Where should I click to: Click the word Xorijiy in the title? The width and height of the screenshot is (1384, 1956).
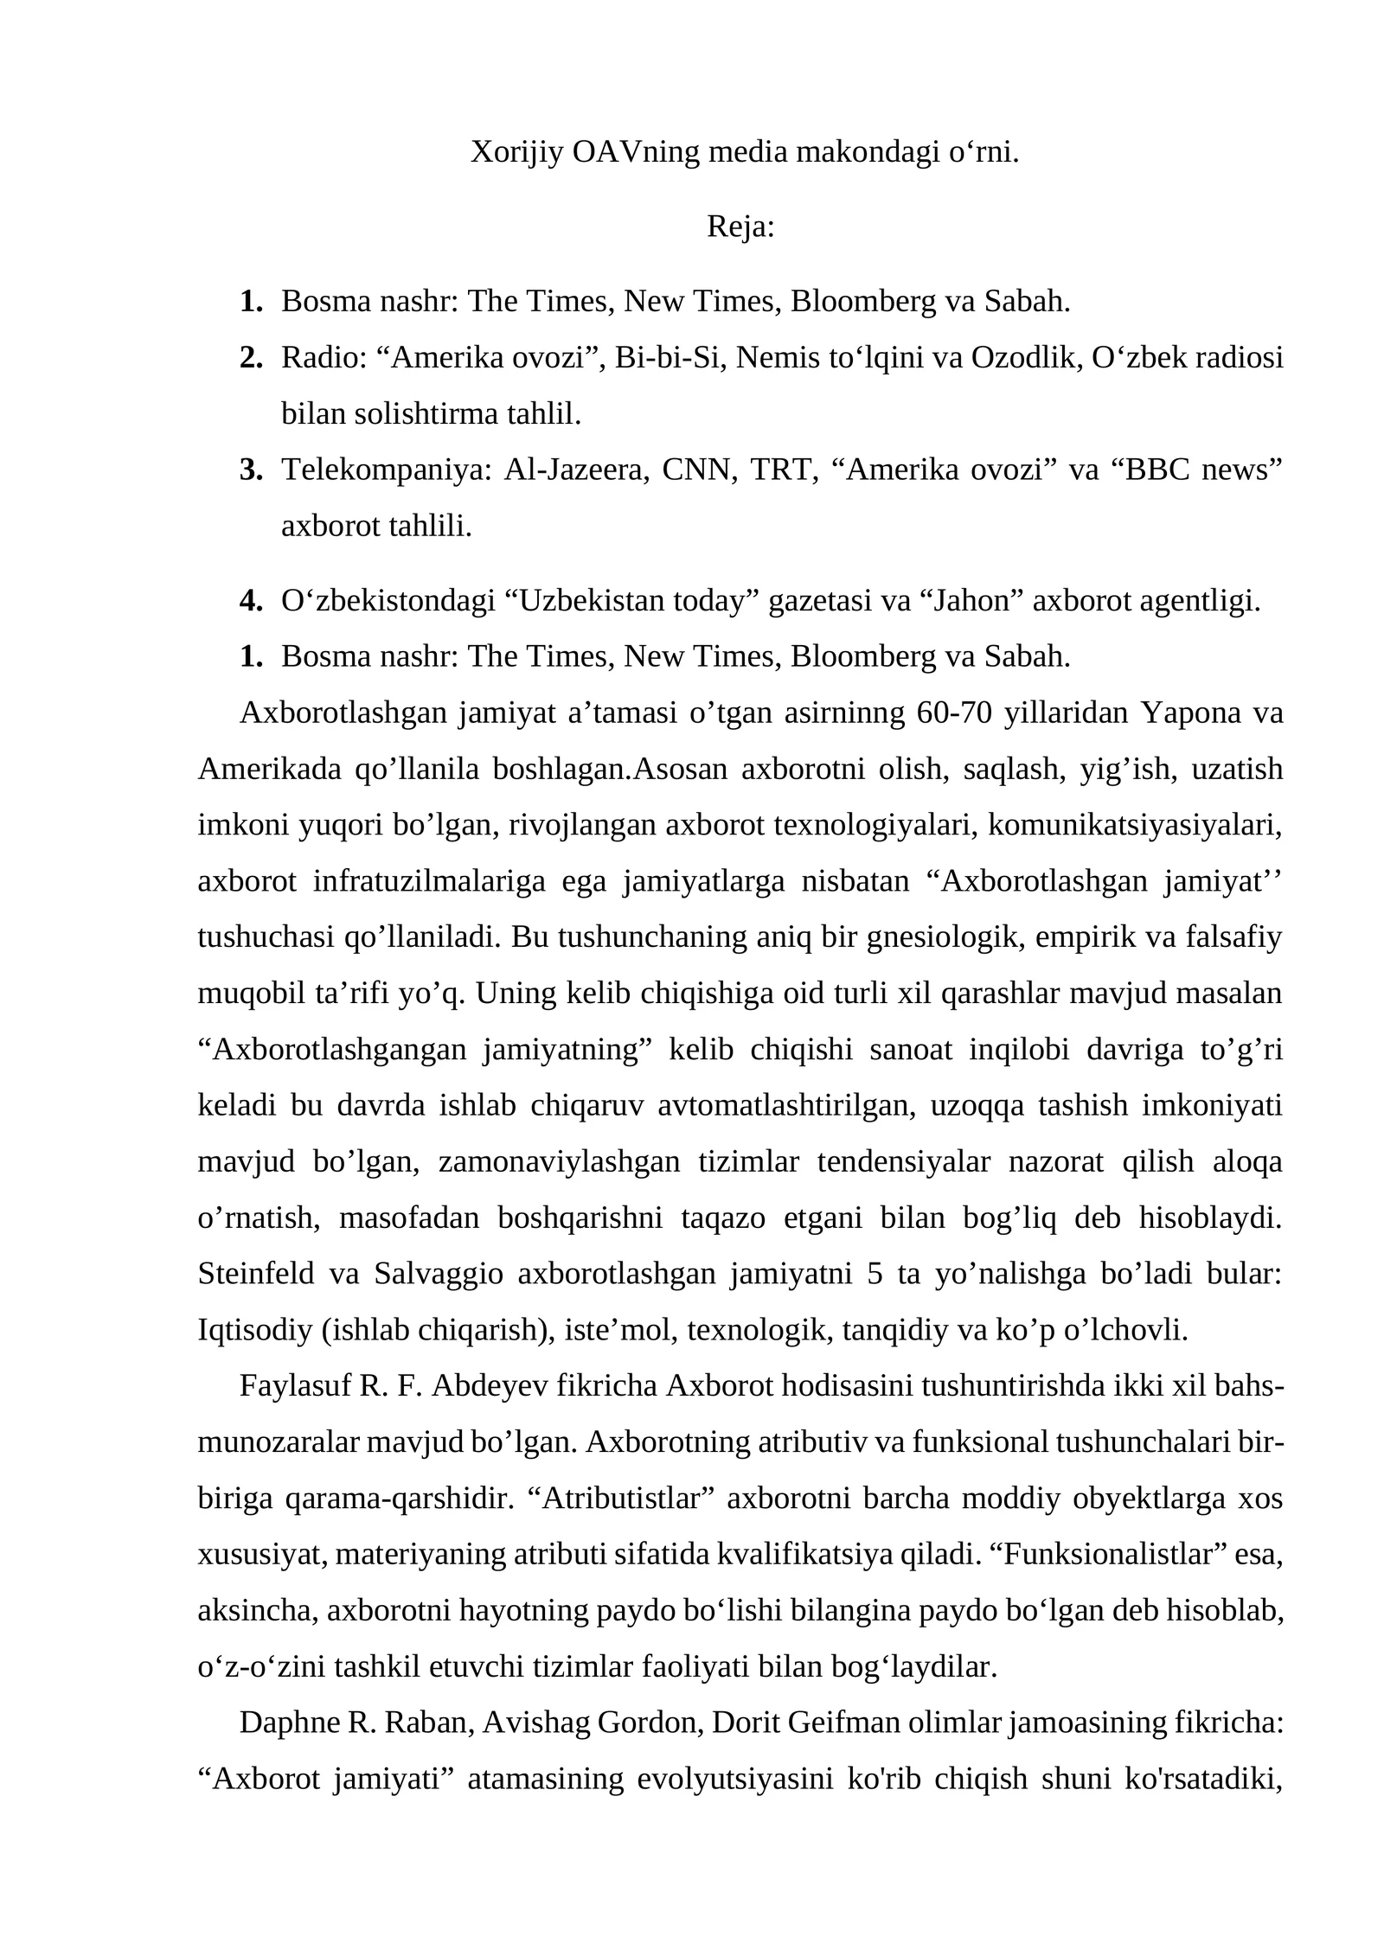pyautogui.click(x=516, y=152)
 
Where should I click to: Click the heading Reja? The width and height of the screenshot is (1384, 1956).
pyautogui.click(x=740, y=227)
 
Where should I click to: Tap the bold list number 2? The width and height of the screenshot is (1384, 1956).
pyautogui.click(x=250, y=357)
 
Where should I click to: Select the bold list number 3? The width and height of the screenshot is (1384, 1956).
pyautogui.click(x=250, y=470)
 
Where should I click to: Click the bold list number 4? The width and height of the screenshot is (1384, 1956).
pyautogui.click(x=250, y=600)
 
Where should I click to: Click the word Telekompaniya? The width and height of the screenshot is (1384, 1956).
pyautogui.click(x=386, y=470)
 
